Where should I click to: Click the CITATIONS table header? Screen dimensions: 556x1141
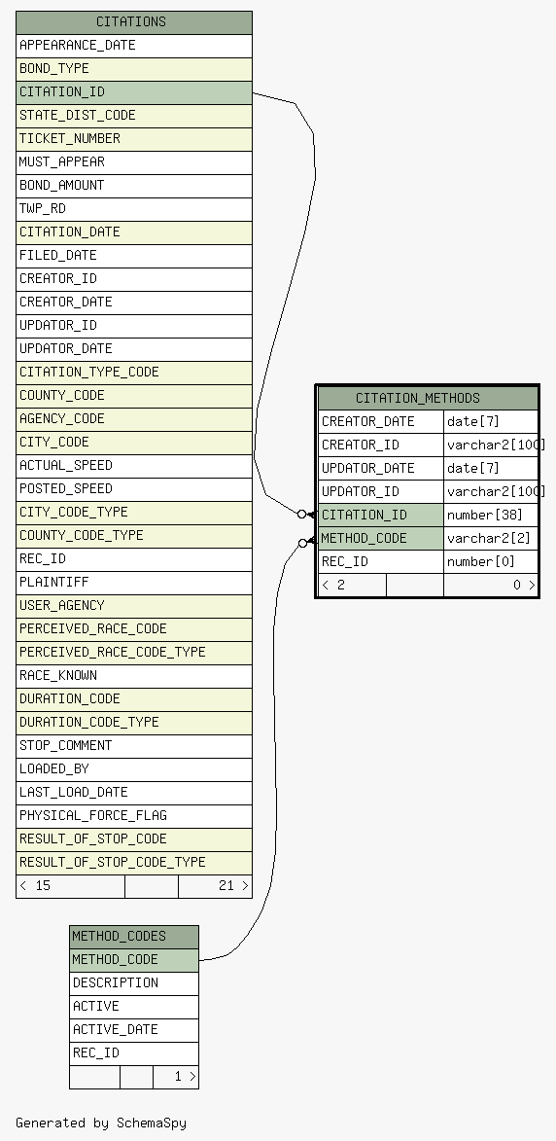(134, 21)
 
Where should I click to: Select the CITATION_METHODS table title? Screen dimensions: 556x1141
(428, 398)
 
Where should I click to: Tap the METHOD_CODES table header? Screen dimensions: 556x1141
(134, 937)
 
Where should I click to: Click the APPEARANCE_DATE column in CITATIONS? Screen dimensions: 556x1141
(134, 45)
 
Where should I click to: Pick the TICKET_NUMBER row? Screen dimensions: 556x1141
(134, 138)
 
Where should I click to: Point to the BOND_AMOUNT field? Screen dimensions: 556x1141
(134, 185)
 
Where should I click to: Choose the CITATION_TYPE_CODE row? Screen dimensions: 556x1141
(134, 372)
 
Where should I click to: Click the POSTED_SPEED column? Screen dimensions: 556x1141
(134, 488)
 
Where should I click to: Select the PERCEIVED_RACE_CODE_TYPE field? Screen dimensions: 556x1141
(134, 652)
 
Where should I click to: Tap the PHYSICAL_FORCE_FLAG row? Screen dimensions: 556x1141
(134, 815)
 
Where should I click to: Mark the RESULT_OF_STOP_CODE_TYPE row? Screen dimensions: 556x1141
(134, 862)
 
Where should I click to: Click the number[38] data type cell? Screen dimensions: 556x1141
(491, 516)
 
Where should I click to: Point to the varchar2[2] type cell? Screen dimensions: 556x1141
(491, 539)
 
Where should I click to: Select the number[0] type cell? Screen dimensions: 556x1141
(491, 562)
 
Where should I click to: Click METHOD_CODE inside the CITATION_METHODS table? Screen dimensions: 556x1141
(381, 539)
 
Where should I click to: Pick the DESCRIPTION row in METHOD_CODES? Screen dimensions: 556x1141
(134, 983)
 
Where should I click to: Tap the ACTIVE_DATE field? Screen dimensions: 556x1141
(134, 1030)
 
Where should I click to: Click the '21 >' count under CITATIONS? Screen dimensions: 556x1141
(233, 885)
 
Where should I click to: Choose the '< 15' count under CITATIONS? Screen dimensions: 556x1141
(35, 885)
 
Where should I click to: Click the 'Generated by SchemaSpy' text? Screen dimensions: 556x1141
(101, 1123)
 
